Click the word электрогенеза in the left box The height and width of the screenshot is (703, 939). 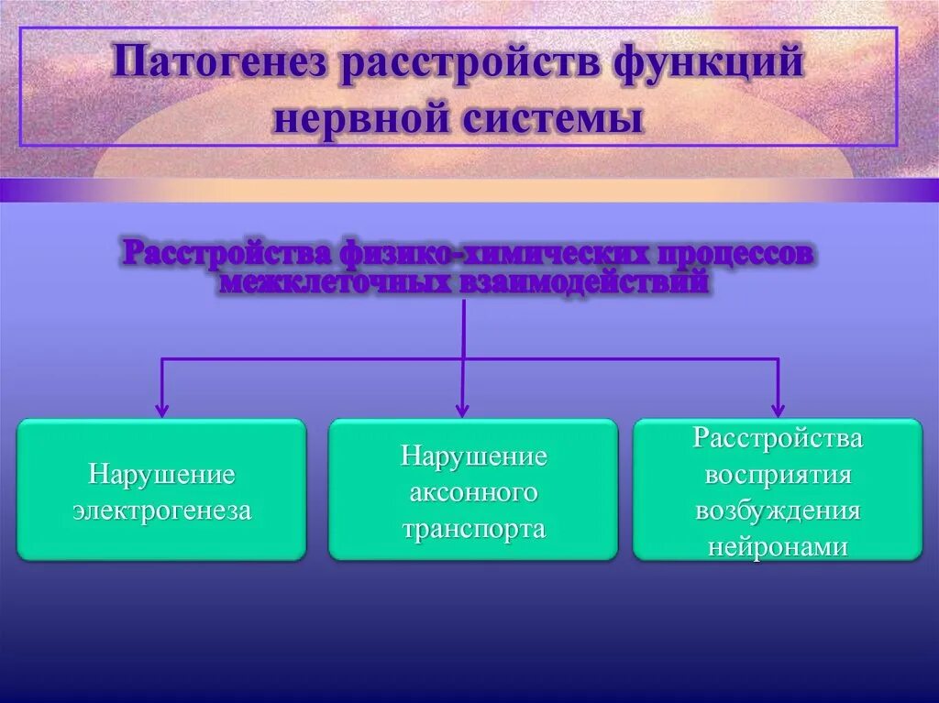162,511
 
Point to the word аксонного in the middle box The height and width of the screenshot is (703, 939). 473,492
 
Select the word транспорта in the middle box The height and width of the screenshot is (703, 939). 473,528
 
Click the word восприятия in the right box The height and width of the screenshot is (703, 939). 778,474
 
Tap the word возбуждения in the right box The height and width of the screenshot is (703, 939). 778,511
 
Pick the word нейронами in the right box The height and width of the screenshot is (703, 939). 778,546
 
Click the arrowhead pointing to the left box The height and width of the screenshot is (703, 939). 162,410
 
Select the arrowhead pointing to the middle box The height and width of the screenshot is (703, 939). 462,410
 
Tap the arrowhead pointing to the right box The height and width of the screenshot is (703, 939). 778,410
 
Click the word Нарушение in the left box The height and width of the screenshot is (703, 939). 162,475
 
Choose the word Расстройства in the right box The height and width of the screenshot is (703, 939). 778,438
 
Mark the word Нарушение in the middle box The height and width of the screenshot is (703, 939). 473,456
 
